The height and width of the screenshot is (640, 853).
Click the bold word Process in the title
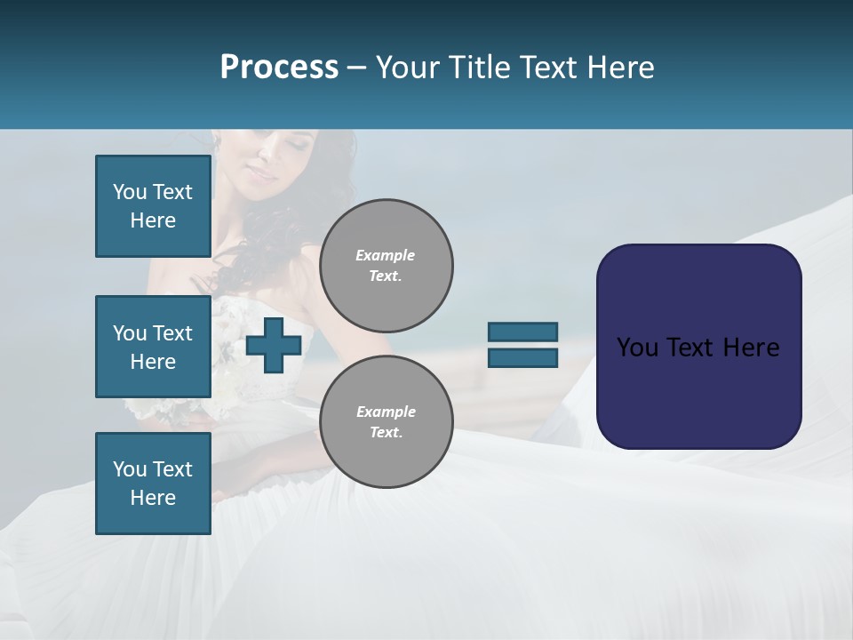click(279, 68)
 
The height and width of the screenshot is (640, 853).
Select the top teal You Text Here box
click(153, 206)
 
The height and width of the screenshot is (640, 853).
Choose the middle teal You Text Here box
click(153, 347)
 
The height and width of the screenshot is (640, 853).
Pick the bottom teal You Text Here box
click(153, 484)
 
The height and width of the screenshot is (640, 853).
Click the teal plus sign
click(274, 345)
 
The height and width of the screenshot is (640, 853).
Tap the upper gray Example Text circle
click(387, 265)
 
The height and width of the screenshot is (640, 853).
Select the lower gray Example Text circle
click(387, 421)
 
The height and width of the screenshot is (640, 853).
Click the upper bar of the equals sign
click(522, 332)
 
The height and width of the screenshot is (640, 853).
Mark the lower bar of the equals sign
click(522, 357)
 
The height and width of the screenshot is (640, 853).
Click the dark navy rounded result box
click(698, 347)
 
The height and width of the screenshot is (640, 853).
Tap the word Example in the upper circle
click(386, 255)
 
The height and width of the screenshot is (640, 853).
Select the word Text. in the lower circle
click(386, 432)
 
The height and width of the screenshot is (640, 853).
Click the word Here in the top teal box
click(153, 220)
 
